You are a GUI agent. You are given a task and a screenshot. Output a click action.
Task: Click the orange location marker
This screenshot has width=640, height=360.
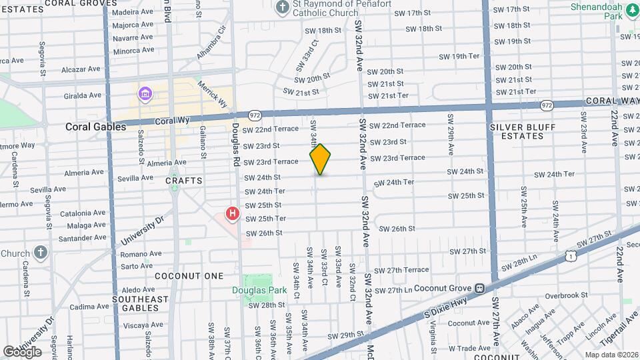(x=320, y=159)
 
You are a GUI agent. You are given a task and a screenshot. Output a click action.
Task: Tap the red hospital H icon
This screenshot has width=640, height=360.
(x=232, y=214)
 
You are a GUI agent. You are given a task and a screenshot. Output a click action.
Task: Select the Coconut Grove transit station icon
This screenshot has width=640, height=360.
(x=479, y=289)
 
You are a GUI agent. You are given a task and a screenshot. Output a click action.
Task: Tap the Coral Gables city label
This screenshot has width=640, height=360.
(x=95, y=127)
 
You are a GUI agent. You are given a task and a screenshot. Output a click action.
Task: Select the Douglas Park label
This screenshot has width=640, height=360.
(x=259, y=290)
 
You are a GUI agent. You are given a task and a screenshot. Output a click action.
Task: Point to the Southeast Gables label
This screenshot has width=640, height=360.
(x=140, y=304)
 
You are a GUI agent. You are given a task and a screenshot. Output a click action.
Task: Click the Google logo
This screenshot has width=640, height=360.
(x=22, y=352)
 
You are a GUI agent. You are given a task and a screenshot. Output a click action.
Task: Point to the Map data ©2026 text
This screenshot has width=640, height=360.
(x=611, y=355)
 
